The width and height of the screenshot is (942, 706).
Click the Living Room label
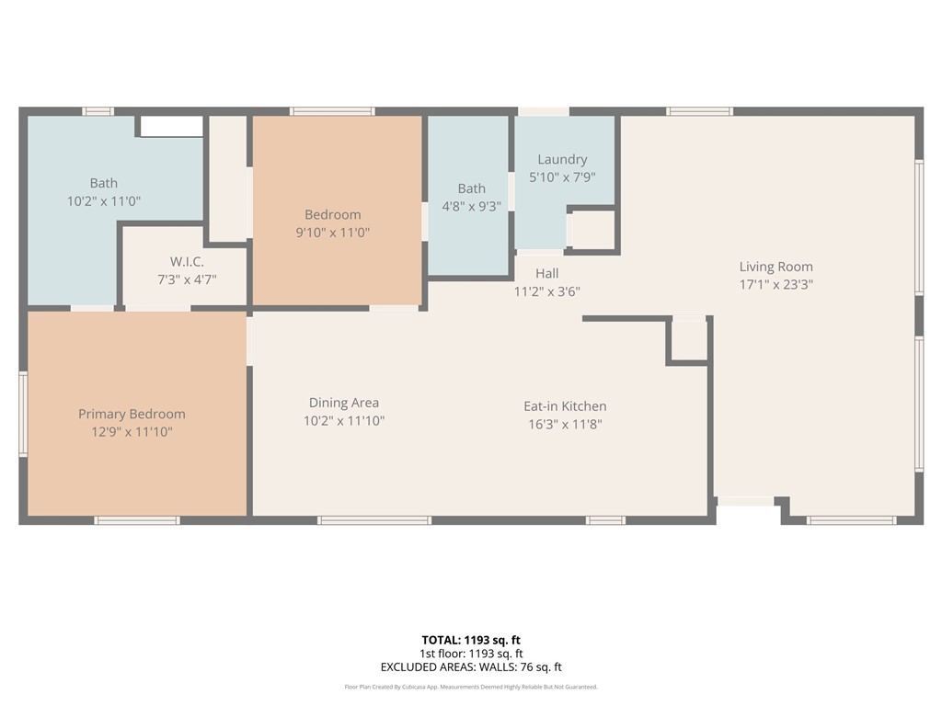pyautogui.click(x=775, y=267)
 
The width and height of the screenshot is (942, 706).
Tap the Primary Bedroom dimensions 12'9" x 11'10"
pyautogui.click(x=132, y=432)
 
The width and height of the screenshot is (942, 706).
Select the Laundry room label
pyautogui.click(x=562, y=160)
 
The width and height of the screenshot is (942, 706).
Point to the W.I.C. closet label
pyautogui.click(x=187, y=262)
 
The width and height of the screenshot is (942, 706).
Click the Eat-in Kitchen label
pyautogui.click(x=565, y=406)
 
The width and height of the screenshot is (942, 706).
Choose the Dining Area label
pyautogui.click(x=344, y=403)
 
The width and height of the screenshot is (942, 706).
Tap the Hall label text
pyautogui.click(x=546, y=274)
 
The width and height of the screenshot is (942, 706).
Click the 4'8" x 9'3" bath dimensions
pyautogui.click(x=472, y=207)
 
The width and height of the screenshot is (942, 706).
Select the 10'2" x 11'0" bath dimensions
pyautogui.click(x=103, y=201)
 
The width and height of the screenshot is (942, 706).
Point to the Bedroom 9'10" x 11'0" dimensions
pyautogui.click(x=332, y=233)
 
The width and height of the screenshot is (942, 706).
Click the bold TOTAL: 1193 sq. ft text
pyautogui.click(x=471, y=640)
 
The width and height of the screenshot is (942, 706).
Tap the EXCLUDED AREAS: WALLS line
pyautogui.click(x=471, y=667)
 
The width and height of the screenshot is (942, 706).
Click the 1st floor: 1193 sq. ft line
pyautogui.click(x=471, y=654)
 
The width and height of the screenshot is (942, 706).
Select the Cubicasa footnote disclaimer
pyautogui.click(x=471, y=687)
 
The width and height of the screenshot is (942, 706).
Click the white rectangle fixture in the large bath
pyautogui.click(x=171, y=127)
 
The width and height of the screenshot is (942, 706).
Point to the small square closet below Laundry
pyautogui.click(x=593, y=230)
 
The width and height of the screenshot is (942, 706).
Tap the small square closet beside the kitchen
pyautogui.click(x=688, y=340)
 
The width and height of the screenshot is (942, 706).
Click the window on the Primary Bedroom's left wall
pyautogui.click(x=23, y=415)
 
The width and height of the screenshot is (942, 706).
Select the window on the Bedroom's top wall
pyautogui.click(x=332, y=111)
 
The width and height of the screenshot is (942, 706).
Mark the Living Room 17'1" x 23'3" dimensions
pyautogui.click(x=775, y=285)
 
